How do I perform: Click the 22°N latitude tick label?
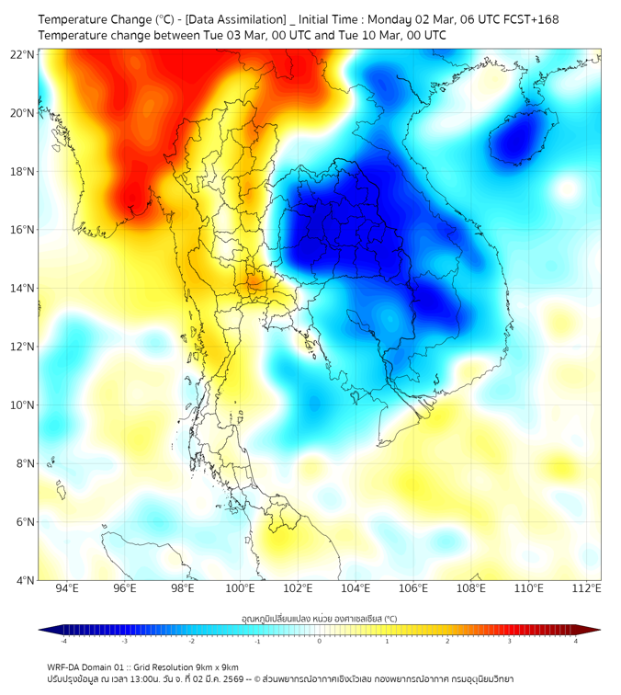coord(23,54)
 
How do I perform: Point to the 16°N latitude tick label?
coord(23,230)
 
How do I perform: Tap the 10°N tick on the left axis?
coord(23,405)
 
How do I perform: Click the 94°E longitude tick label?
coord(67,588)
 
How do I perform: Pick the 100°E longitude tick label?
coord(241,588)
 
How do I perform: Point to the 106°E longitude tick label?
coord(414,588)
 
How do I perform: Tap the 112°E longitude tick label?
coord(587,588)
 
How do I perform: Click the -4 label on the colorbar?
coord(63,641)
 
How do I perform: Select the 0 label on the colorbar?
coord(320,641)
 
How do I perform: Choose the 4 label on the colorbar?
coord(576,641)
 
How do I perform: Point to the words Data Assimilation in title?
coord(236,19)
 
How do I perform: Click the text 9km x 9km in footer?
coord(218,667)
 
